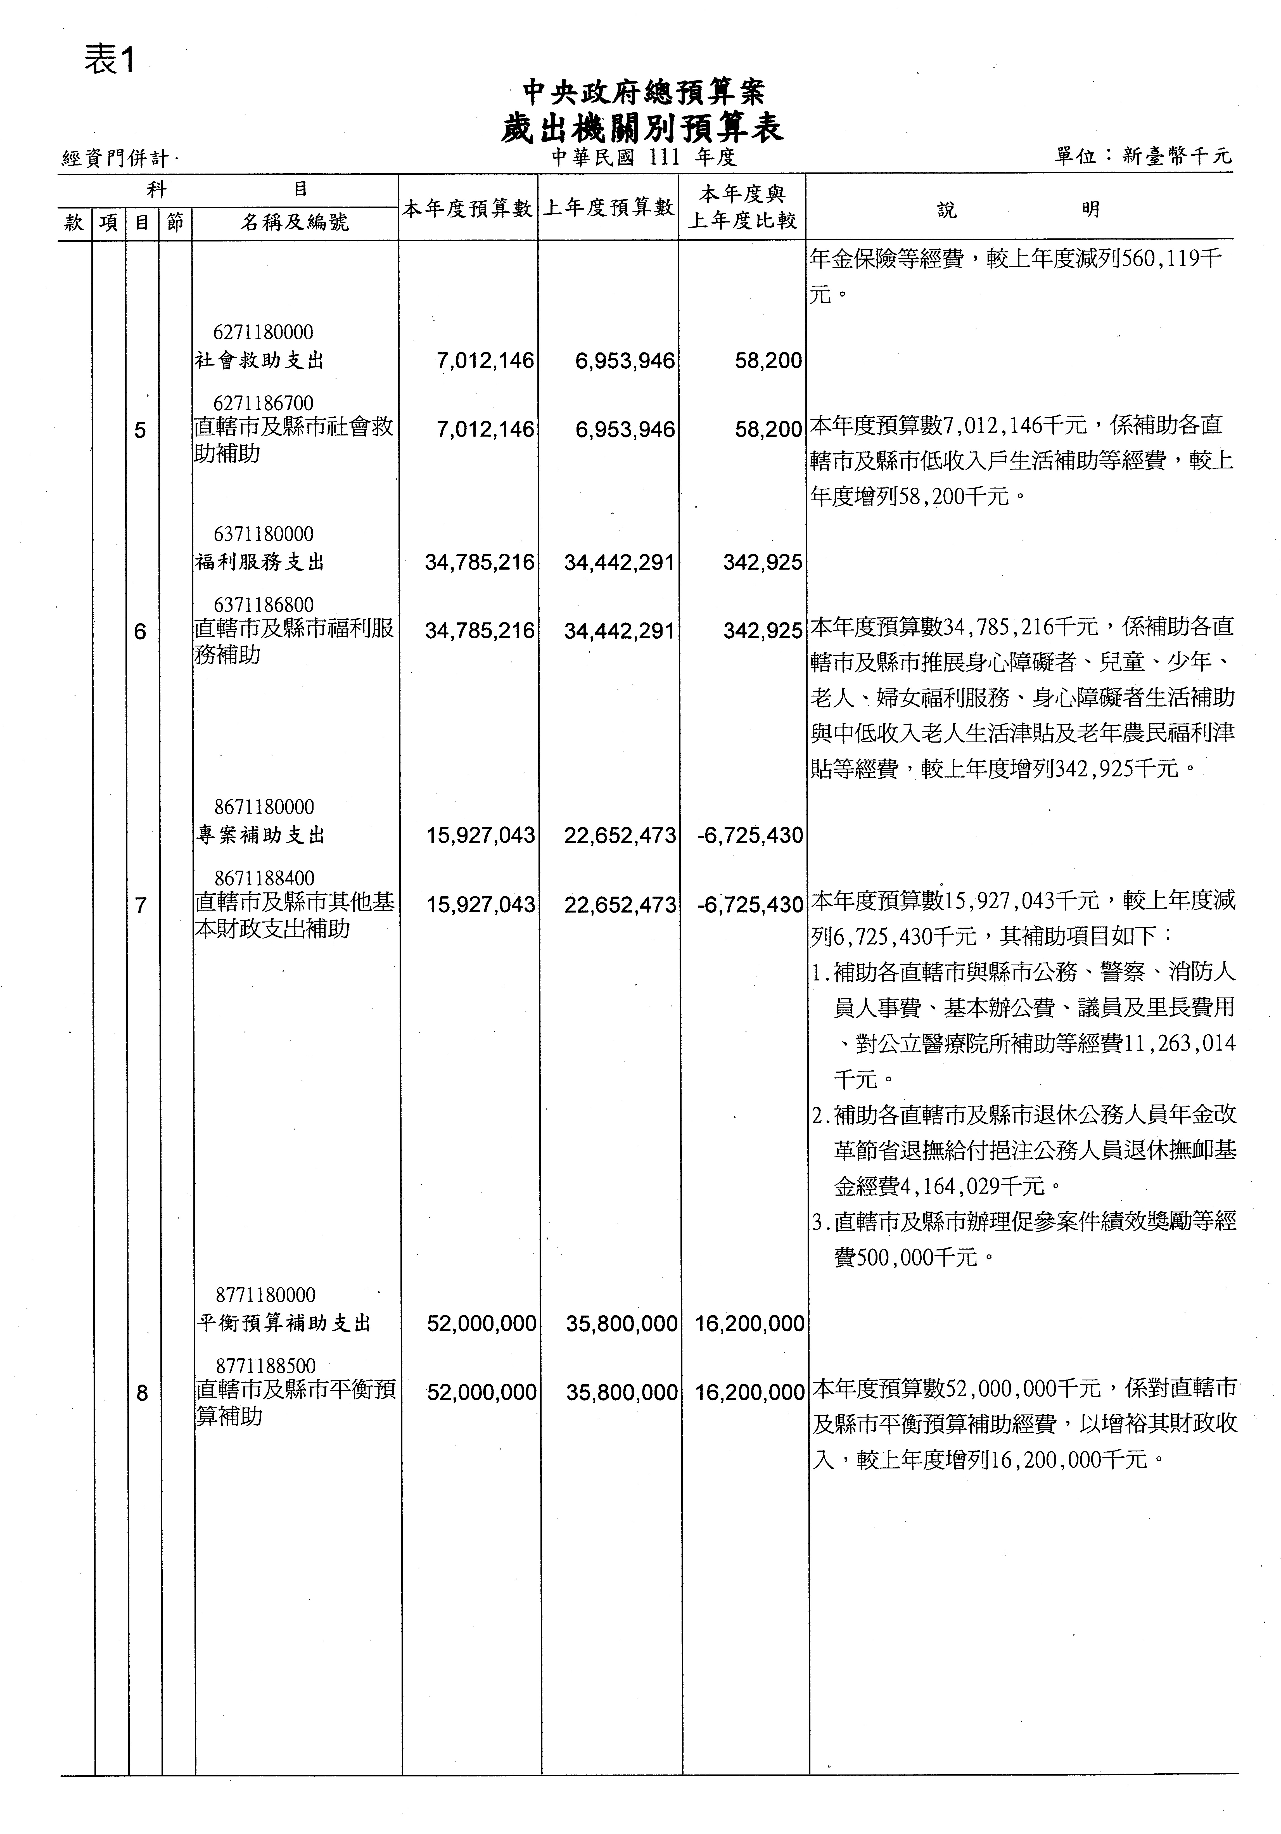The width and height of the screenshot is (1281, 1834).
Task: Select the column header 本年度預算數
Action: click(467, 209)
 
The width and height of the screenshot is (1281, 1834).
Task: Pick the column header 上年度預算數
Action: click(609, 209)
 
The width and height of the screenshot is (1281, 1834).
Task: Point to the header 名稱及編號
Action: click(295, 222)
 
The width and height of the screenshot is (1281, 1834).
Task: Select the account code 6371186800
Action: click(264, 605)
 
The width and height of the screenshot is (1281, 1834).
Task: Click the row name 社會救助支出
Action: click(260, 361)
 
